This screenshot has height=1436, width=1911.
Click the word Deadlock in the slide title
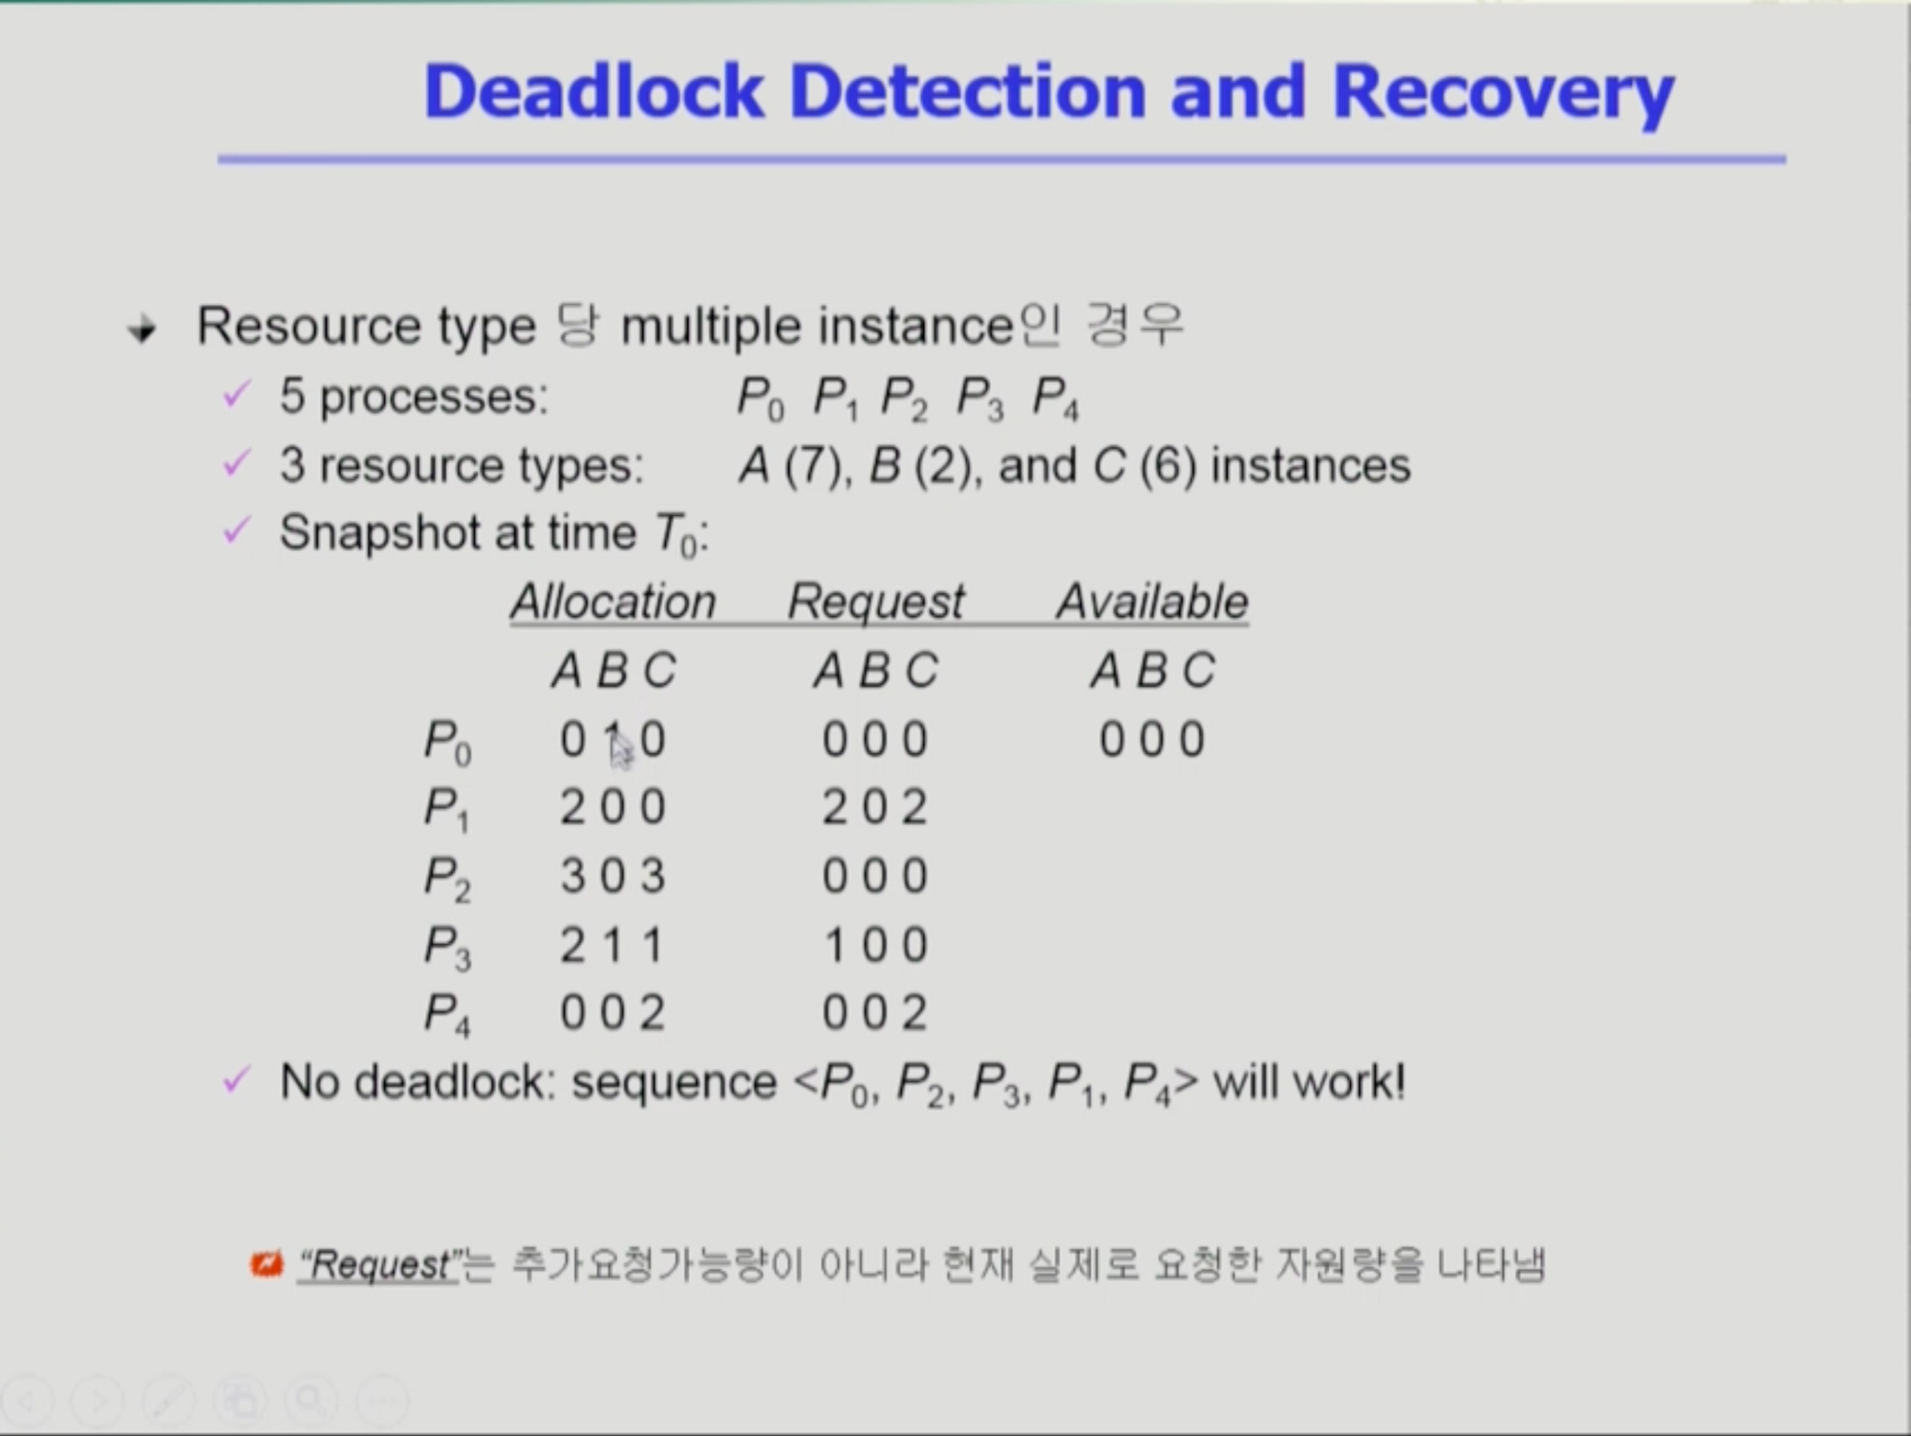coord(593,92)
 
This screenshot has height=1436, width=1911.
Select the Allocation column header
coord(612,602)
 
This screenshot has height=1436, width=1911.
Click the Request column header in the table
coord(876,603)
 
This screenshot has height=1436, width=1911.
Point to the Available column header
coord(1152,602)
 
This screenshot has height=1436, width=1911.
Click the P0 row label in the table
coord(447,742)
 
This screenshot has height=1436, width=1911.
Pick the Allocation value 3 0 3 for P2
coord(612,876)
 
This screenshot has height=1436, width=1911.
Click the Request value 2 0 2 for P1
coord(875,807)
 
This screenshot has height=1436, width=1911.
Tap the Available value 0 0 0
coord(1152,739)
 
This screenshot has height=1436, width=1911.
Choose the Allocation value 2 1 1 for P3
coord(612,945)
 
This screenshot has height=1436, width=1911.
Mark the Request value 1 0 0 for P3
coord(876,945)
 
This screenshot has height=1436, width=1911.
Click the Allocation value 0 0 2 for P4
coord(612,1013)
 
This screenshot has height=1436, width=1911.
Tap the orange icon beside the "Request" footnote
coord(267,1264)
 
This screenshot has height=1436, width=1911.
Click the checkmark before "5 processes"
coord(236,394)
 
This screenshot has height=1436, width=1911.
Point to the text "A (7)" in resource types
coord(791,466)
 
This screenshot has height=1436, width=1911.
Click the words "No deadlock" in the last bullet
coord(418,1082)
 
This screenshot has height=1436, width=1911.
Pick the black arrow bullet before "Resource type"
coord(142,331)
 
